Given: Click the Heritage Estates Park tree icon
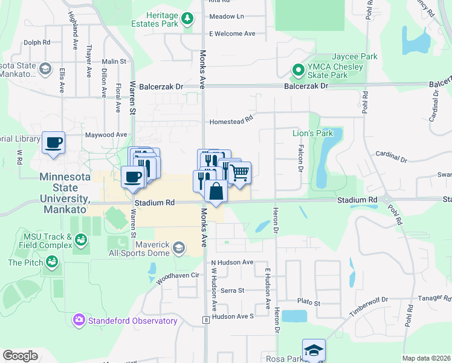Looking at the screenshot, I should tap(188, 19).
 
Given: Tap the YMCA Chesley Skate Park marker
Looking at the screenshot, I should tap(297, 71).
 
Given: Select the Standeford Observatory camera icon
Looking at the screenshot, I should tap(79, 319).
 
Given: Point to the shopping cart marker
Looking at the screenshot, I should tap(240, 173).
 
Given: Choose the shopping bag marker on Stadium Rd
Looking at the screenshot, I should tap(216, 191).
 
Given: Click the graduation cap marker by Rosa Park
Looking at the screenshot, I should tap(314, 352).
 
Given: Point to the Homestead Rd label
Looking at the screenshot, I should tap(230, 122).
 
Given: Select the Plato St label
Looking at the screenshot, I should tap(308, 302).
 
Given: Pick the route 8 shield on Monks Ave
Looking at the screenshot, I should tap(206, 319).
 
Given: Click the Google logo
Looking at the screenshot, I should tap(21, 356).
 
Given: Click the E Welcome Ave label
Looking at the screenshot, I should tap(233, 34).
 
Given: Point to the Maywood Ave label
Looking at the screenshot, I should tap(106, 134).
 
